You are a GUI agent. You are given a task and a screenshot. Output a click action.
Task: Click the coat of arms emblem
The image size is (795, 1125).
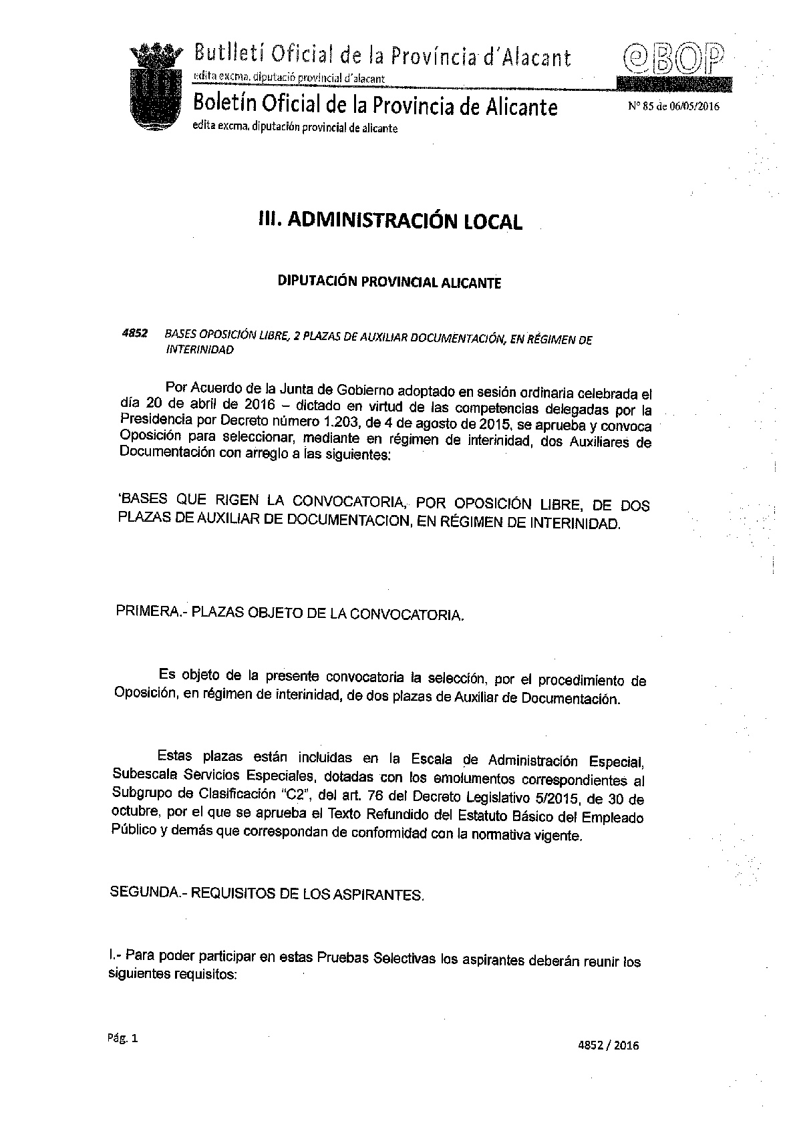(158, 87)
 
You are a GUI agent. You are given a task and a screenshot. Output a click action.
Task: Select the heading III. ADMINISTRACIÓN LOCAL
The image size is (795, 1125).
(390, 221)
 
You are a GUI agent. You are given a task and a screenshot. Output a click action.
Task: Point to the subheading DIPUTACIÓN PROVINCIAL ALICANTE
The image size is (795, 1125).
(389, 282)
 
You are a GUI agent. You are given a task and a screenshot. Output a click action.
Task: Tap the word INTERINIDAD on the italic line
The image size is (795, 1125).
(200, 349)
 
